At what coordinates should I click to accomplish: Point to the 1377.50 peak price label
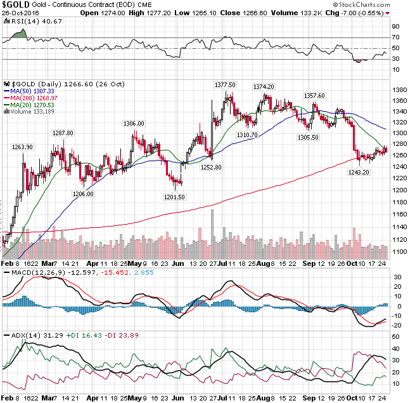225,85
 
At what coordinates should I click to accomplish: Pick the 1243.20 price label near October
359,172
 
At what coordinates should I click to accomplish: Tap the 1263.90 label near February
22,147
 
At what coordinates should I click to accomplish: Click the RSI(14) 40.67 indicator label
28,21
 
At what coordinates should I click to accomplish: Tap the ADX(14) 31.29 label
23,334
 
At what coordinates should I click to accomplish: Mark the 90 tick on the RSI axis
395,27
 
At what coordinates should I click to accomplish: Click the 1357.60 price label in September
314,96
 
